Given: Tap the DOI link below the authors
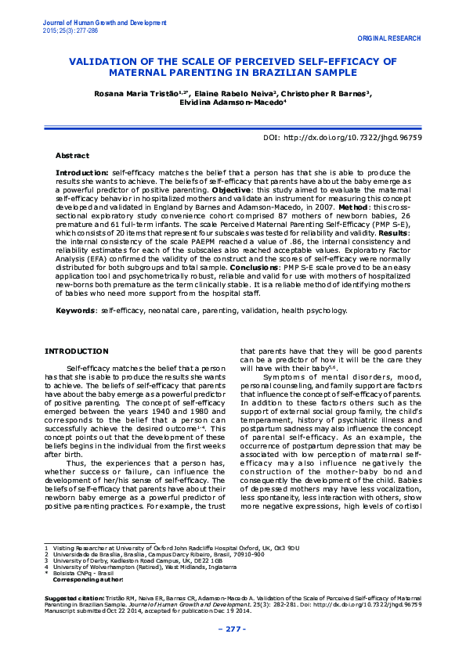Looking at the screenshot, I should click(x=344, y=136).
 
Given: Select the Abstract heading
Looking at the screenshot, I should click(x=72, y=156).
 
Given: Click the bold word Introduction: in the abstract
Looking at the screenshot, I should click(x=81, y=171).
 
